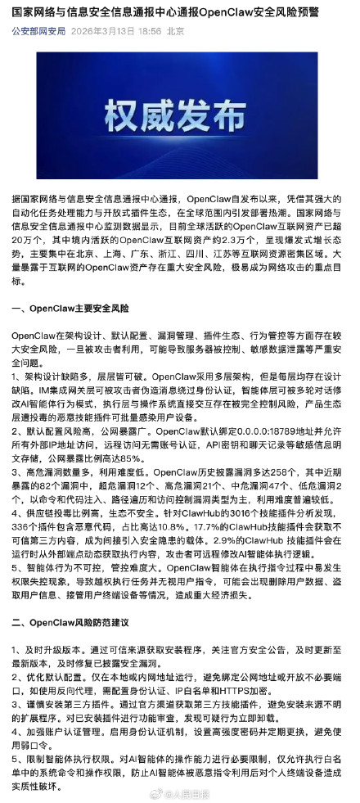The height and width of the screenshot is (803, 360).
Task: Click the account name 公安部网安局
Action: pos(38,30)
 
